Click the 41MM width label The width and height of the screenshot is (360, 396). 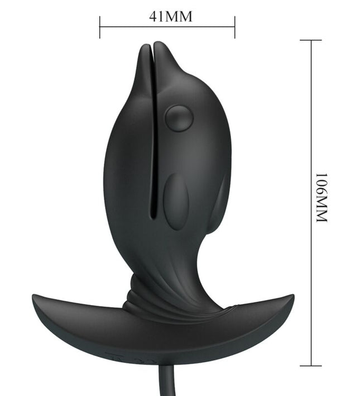pos(170,16)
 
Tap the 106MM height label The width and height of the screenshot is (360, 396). pos(321,198)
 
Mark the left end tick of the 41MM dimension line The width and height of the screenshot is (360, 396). pos(100,27)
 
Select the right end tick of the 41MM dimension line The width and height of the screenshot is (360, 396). pos(235,27)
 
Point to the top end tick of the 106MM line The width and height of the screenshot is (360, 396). pos(311,40)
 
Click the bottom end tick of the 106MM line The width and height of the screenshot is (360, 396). pos(311,366)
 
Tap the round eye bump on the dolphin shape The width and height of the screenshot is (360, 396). pos(179,118)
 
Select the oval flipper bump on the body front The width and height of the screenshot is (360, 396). pos(176,201)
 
